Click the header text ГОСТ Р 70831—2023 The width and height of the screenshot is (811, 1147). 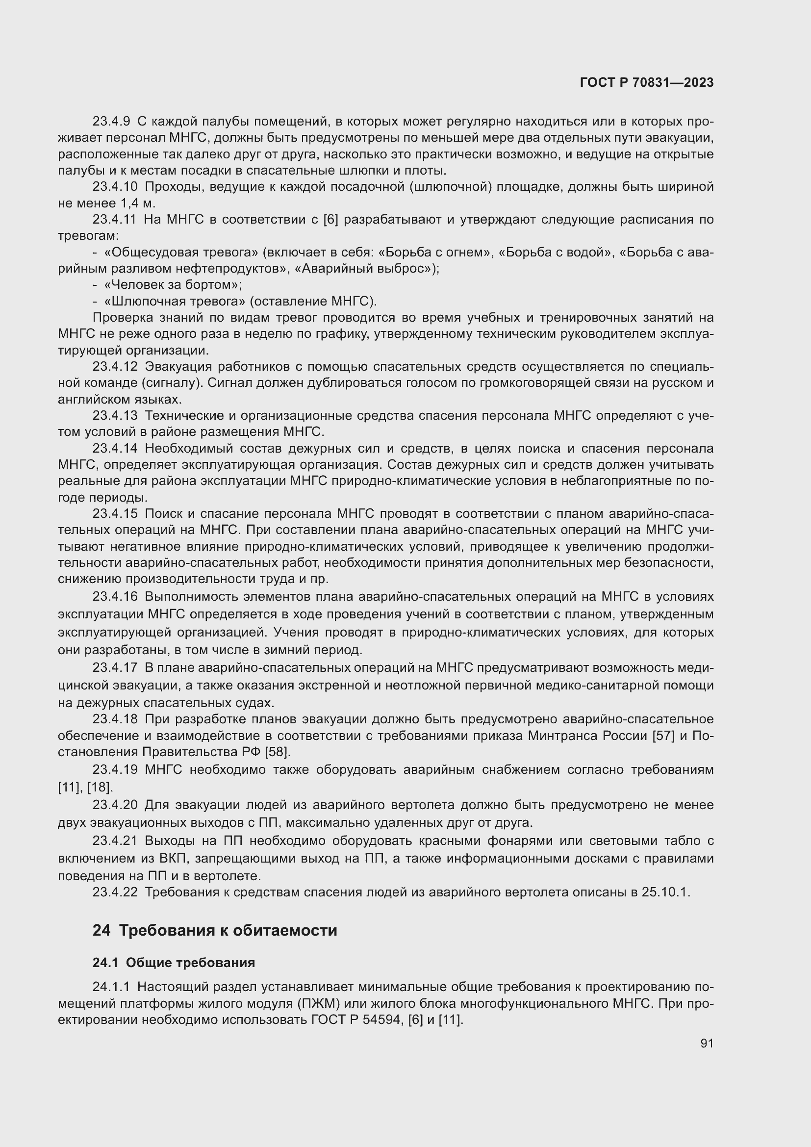click(x=647, y=83)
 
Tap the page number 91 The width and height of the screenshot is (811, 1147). click(x=707, y=1043)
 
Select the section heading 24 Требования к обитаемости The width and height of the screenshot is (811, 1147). click(x=215, y=930)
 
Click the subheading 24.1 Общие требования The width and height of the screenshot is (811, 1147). click(x=173, y=963)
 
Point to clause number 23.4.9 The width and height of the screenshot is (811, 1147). click(x=111, y=122)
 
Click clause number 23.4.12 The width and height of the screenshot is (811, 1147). click(x=114, y=367)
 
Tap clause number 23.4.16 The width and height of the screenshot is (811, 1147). click(x=114, y=596)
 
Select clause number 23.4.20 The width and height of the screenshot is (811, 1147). click(x=114, y=805)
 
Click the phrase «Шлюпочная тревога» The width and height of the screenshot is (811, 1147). click(x=174, y=301)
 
